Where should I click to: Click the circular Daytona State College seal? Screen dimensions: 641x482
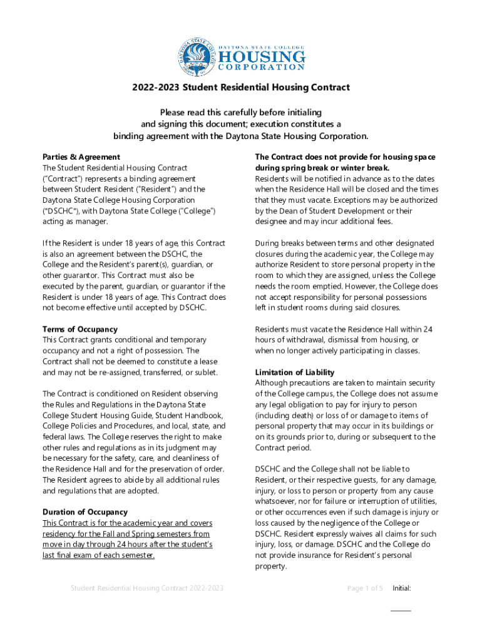click(197, 53)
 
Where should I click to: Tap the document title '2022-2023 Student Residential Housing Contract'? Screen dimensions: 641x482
click(240, 88)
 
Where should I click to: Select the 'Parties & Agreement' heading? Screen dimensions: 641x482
click(81, 157)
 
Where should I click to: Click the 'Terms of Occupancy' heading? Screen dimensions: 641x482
click(79, 329)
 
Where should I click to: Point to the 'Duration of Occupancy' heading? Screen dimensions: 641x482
click(85, 512)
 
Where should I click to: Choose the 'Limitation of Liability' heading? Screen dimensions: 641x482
click(294, 372)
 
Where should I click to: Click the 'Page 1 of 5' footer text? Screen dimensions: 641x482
click(365, 588)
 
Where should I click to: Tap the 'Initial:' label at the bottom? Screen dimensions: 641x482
click(401, 588)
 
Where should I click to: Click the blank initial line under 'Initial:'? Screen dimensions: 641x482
click(401, 610)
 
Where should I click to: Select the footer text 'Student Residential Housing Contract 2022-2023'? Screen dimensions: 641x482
click(147, 588)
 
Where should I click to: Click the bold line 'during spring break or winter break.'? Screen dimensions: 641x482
click(322, 168)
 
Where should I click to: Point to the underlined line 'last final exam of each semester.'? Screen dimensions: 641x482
click(98, 555)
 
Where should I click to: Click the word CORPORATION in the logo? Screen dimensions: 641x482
click(262, 67)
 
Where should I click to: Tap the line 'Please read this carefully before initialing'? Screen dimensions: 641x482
click(240, 113)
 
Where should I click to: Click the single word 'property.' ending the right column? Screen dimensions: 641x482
click(271, 567)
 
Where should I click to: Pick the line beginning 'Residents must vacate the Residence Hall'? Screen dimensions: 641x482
click(344, 329)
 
